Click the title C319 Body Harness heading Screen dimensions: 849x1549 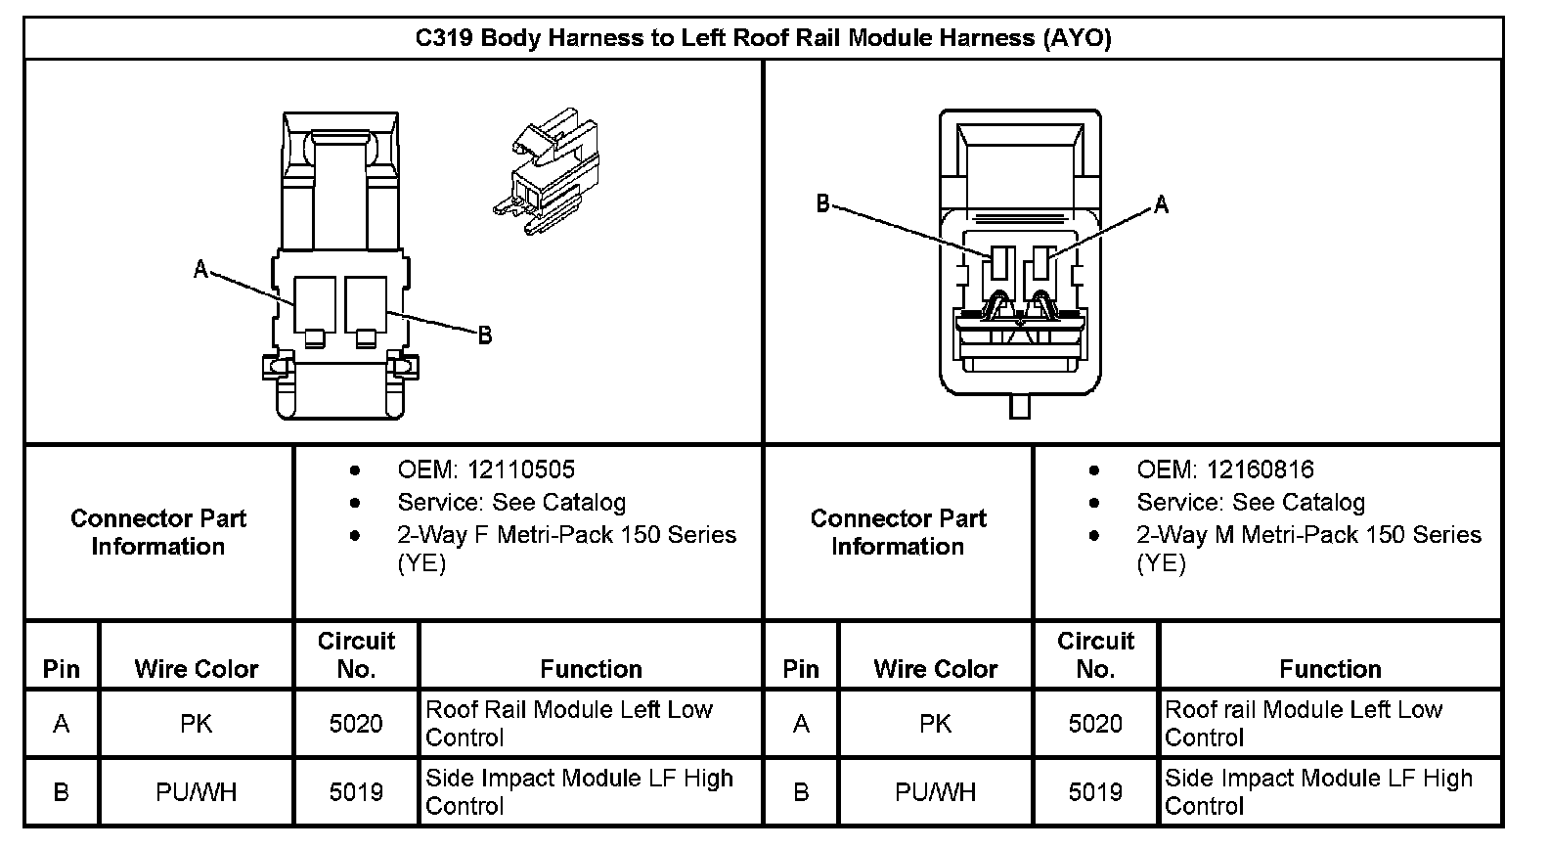point(763,38)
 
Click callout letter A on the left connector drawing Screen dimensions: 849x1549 point(200,269)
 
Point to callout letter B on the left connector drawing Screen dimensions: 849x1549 point(484,335)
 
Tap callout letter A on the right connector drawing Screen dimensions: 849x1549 point(1161,204)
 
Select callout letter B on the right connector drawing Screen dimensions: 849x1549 point(822,203)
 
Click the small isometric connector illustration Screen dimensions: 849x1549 point(545,173)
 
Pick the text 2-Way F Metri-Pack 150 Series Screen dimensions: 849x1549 point(566,535)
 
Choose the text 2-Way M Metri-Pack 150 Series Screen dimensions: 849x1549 point(1307,535)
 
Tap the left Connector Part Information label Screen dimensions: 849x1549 point(158,532)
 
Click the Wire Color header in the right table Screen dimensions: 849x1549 point(935,669)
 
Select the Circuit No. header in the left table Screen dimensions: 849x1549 point(356,654)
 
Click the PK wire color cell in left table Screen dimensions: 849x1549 point(196,724)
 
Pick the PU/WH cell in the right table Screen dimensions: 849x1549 point(935,791)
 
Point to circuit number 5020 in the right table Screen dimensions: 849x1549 point(1095,724)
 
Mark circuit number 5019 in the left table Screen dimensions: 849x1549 point(356,791)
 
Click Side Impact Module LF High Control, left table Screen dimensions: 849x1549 point(579,791)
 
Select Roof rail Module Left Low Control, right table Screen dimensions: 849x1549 point(1303,723)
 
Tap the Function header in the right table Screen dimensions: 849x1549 point(1330,669)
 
